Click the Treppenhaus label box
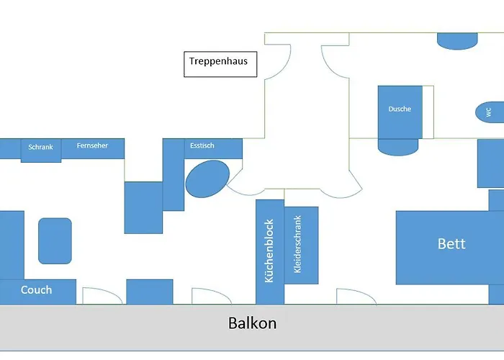click(x=219, y=63)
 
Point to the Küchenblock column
click(x=270, y=251)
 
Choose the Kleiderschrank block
click(x=302, y=245)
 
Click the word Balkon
click(x=252, y=323)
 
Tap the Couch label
click(x=37, y=290)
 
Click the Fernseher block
click(x=94, y=147)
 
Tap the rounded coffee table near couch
click(x=55, y=240)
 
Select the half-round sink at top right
click(x=458, y=41)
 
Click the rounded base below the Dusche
click(x=398, y=146)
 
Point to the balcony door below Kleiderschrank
click(x=355, y=296)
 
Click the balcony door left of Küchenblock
click(x=210, y=296)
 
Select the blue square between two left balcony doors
click(x=150, y=292)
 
